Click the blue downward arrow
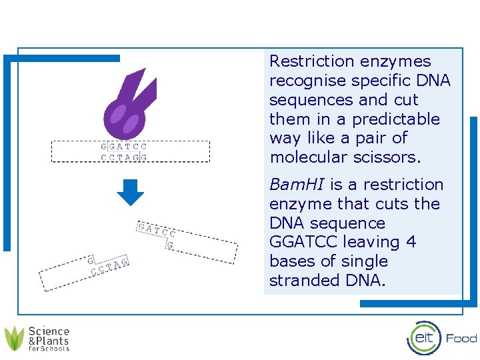[x=130, y=192]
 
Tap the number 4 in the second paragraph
[x=411, y=242]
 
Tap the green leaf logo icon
[x=14, y=338]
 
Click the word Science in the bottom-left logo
[x=49, y=331]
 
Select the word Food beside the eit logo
[x=461, y=338]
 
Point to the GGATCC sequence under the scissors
[x=124, y=147]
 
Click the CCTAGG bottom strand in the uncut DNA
[x=123, y=157]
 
